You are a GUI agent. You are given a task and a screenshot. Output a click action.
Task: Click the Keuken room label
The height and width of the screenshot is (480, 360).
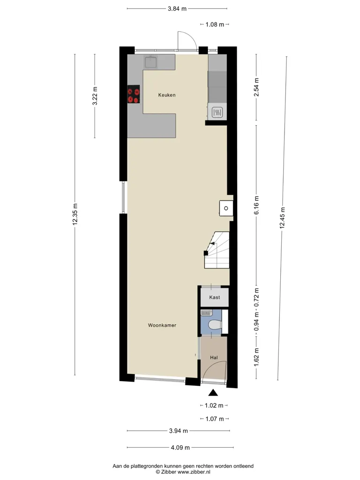pos(167,95)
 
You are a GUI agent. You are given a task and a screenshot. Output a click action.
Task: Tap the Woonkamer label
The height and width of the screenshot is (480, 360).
pos(162,325)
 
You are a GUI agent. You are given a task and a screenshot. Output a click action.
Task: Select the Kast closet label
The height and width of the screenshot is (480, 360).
pos(215,297)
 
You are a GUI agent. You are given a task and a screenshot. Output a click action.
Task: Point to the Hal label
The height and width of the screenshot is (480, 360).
pos(214,357)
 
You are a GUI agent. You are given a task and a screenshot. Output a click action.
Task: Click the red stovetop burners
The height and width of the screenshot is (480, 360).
pos(134,95)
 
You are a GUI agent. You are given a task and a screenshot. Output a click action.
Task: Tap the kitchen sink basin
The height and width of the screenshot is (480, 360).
pos(151,62)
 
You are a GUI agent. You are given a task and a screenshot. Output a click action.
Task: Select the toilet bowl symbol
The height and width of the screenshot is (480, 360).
pos(214,325)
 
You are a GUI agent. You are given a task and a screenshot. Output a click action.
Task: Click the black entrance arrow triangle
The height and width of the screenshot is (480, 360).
pos(213,392)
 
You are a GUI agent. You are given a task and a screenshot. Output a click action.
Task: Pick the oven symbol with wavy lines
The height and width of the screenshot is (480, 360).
pos(217,112)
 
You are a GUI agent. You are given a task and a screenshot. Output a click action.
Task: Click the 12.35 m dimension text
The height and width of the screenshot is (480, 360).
pos(75,214)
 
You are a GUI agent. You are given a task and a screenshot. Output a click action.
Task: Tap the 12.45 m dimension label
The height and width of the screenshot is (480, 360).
pos(282,218)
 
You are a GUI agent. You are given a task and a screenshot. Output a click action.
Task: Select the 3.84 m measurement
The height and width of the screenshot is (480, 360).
pos(177,8)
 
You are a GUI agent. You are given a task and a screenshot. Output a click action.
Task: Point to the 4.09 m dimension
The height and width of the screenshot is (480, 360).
pos(180,448)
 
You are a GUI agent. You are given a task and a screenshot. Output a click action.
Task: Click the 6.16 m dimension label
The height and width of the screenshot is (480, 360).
pos(256,205)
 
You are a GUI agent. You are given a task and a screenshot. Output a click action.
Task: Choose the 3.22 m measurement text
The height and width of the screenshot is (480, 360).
pos(95,96)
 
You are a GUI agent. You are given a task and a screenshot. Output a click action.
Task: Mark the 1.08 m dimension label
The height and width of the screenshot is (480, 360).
pos(215,24)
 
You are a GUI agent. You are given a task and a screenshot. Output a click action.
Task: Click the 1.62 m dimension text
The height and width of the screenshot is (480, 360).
pos(256,357)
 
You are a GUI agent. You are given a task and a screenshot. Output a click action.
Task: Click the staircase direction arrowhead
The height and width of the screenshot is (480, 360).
pos(212,244)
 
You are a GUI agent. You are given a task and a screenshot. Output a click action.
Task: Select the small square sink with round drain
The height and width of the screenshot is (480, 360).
pos(226,208)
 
